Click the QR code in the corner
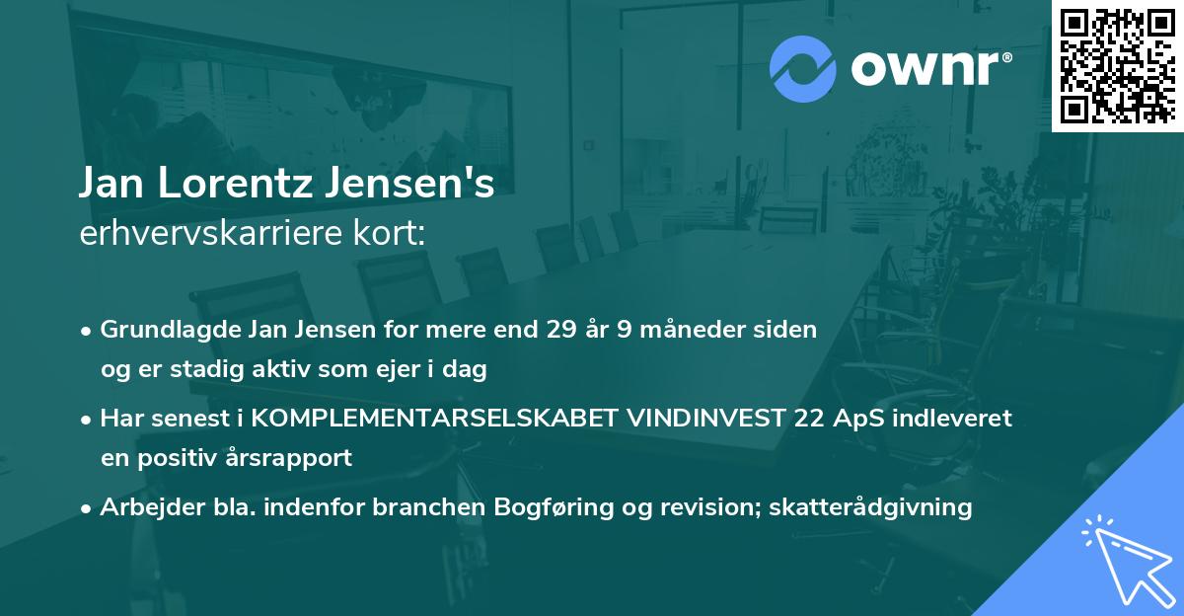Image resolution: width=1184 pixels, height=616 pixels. coord(1117,65)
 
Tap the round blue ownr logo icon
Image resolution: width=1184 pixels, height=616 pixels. coord(803,69)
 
